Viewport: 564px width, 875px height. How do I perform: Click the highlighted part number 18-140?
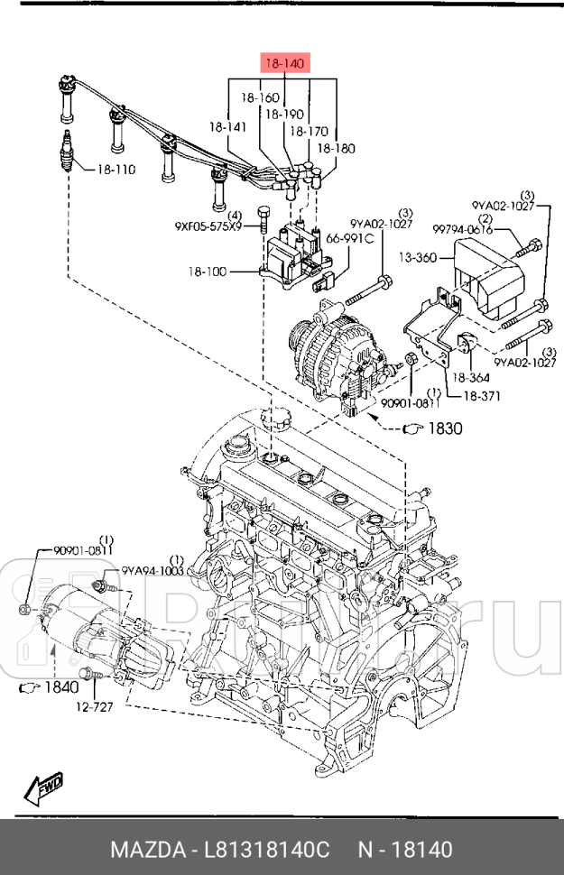(285, 63)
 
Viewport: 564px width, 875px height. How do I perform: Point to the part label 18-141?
(227, 128)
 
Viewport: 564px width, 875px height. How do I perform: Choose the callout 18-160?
(259, 97)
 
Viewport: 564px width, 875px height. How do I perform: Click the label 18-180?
(337, 147)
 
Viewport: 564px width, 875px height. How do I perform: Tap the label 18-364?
(471, 378)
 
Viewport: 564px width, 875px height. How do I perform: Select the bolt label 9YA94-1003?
(153, 570)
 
